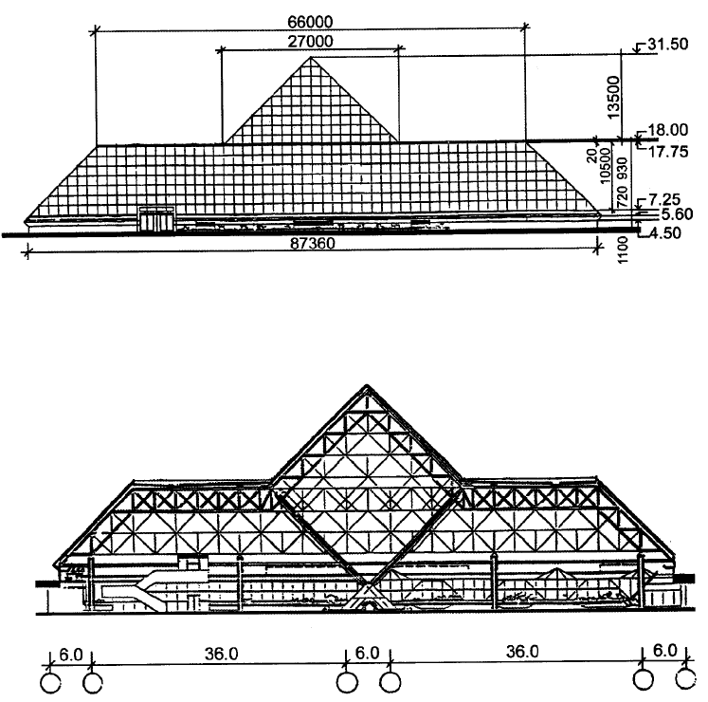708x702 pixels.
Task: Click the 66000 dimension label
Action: click(x=310, y=22)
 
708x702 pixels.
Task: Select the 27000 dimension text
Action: click(x=310, y=42)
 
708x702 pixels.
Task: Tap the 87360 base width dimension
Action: click(x=313, y=243)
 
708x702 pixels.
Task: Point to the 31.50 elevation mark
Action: click(x=668, y=45)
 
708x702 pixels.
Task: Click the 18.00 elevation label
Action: click(x=668, y=130)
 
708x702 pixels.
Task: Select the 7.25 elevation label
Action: click(x=664, y=199)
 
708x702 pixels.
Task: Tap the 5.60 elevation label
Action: click(x=677, y=213)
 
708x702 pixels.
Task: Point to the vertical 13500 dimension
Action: click(x=613, y=97)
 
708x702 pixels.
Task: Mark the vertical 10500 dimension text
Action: click(x=605, y=166)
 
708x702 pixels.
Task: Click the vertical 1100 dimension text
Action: click(x=622, y=249)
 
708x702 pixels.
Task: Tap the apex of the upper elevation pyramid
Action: click(x=311, y=57)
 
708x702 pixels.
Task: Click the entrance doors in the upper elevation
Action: click(x=156, y=220)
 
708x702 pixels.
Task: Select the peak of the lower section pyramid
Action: click(x=367, y=385)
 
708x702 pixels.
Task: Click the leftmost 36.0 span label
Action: click(x=221, y=654)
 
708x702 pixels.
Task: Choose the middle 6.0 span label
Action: click(x=367, y=653)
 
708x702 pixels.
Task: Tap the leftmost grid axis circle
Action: click(x=50, y=683)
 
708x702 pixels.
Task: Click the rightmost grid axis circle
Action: click(x=686, y=679)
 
